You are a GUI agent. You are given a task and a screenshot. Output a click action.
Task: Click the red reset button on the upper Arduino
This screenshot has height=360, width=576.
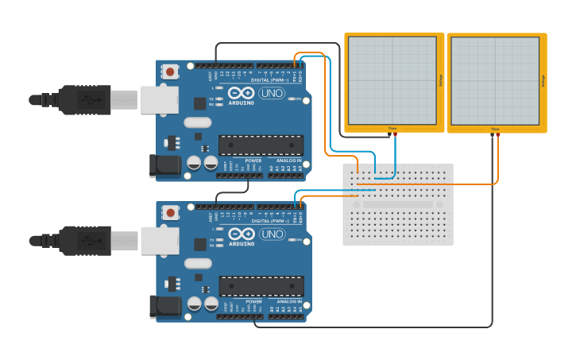click(x=170, y=72)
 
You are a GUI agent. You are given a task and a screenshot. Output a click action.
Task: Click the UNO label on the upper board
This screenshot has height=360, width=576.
click(x=272, y=93)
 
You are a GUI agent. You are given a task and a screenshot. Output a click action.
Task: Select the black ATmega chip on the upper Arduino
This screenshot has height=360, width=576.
click(x=261, y=145)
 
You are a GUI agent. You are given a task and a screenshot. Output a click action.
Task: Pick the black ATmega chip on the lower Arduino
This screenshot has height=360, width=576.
click(x=261, y=286)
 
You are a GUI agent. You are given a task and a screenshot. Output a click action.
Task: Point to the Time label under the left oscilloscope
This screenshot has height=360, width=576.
click(x=392, y=128)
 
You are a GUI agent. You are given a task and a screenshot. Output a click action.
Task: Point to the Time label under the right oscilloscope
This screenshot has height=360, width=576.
click(x=495, y=129)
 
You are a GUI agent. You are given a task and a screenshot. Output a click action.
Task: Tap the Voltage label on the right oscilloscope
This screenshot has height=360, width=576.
click(x=543, y=80)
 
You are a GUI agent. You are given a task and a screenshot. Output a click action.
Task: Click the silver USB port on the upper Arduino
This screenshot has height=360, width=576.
click(x=159, y=99)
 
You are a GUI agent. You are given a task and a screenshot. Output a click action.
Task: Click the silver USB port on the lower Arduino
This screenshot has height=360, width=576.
click(x=159, y=241)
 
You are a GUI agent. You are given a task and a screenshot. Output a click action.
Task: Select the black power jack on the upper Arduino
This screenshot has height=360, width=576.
click(x=164, y=165)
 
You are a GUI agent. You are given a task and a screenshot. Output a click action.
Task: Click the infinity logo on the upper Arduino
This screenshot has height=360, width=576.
click(x=242, y=93)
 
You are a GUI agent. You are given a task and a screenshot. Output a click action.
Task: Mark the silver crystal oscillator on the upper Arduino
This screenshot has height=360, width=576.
click(x=197, y=122)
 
